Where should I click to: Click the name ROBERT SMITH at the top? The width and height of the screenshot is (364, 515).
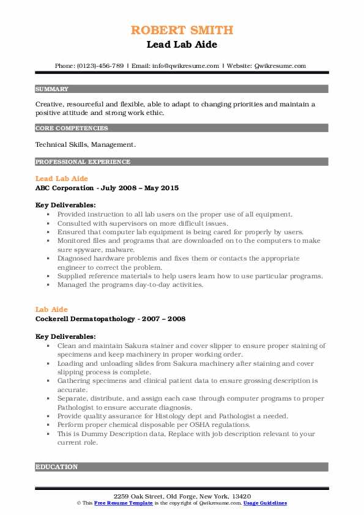click(x=182, y=30)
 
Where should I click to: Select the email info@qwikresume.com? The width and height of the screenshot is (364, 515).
click(x=185, y=65)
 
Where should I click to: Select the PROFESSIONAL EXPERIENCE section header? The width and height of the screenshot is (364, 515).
click(x=83, y=162)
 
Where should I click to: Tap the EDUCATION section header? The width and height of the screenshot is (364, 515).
click(x=56, y=467)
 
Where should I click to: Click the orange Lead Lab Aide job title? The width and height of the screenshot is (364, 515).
click(x=62, y=179)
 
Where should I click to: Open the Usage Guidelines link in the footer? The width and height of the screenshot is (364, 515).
click(x=265, y=503)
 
